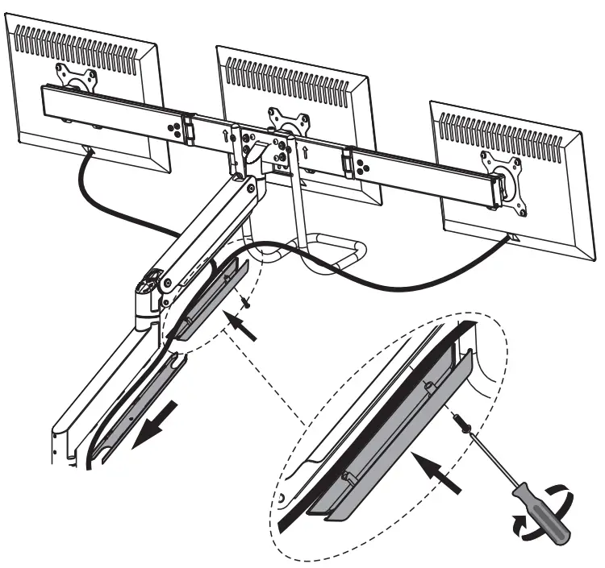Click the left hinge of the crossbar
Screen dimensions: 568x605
[x=187, y=129]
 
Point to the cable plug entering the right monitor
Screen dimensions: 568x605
[x=510, y=238]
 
